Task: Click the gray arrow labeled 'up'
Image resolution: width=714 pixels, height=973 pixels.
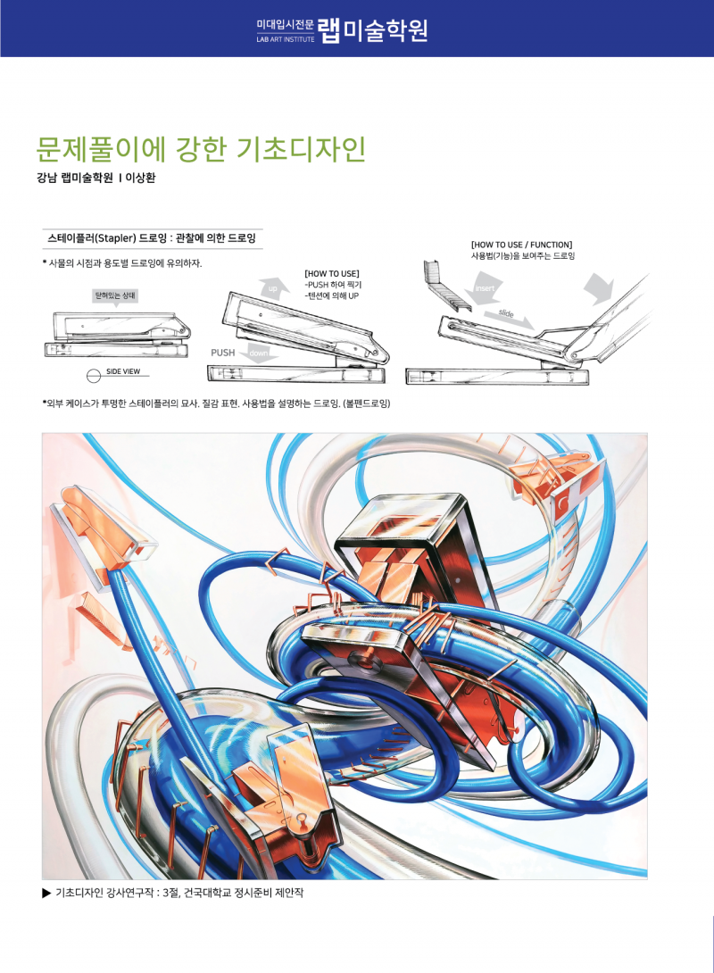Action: coord(274,288)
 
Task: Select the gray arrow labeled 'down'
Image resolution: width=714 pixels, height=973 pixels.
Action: coord(262,351)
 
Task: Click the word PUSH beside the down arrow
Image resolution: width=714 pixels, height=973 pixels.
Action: coord(223,353)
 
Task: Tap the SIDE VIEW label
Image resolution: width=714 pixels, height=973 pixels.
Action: coord(123,371)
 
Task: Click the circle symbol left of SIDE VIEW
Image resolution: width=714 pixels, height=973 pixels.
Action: coord(93,376)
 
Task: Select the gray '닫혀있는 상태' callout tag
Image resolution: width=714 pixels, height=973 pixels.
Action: coord(115,296)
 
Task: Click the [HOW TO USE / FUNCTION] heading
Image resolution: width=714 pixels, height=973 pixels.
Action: coord(522,245)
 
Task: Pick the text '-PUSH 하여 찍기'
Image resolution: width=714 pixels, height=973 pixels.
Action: coord(333,284)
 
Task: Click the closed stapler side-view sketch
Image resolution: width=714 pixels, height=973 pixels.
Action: coord(117,335)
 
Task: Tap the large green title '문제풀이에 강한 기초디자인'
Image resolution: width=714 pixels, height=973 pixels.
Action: coord(201,149)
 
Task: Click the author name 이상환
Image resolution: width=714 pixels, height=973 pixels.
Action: coord(140,179)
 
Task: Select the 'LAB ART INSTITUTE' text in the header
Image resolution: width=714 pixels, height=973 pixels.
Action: coord(286,39)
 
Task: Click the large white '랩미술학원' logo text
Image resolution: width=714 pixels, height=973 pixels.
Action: coord(373,29)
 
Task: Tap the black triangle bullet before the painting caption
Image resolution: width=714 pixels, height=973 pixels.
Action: coord(46,893)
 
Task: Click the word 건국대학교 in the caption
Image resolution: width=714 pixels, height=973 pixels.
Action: coord(206,893)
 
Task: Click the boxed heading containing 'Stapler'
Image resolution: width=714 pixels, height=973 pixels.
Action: coord(152,238)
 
